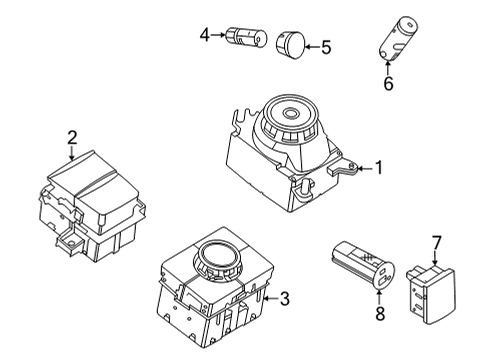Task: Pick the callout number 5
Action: coord(324,45)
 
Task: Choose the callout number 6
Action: coord(388,84)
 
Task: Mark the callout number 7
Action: coord(436,243)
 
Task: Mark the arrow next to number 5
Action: coord(310,45)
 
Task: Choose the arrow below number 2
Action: coord(72,154)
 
